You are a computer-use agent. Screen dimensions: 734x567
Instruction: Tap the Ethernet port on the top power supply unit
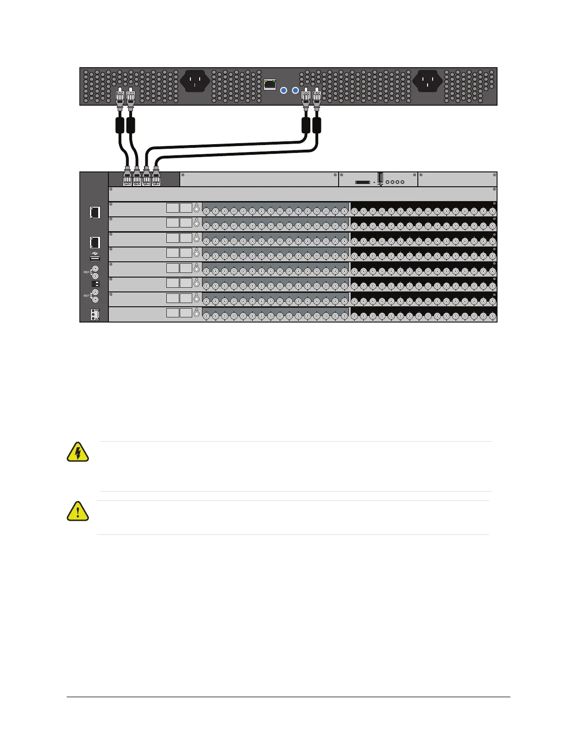(x=270, y=84)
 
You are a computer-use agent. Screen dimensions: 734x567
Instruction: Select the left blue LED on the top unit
(x=284, y=90)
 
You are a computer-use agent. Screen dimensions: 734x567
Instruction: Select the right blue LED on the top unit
(x=296, y=90)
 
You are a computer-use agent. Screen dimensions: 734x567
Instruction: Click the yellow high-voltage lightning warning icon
(x=78, y=452)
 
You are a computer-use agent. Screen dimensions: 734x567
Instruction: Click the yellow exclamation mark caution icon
(x=78, y=511)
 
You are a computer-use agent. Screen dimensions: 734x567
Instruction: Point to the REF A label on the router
(x=87, y=272)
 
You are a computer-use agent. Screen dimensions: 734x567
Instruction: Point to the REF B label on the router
(x=87, y=296)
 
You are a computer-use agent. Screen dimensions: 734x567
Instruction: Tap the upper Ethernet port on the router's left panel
(x=95, y=212)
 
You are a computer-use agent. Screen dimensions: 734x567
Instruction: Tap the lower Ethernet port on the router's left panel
(x=95, y=242)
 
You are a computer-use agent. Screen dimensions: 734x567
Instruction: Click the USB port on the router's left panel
(x=95, y=259)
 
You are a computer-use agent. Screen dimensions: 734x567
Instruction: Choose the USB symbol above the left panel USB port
(x=95, y=253)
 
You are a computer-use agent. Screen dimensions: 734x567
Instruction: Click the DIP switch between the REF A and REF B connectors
(x=95, y=283)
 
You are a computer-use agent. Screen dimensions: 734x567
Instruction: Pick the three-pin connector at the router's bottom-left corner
(x=95, y=315)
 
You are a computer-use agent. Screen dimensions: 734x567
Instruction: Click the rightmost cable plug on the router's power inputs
(x=156, y=178)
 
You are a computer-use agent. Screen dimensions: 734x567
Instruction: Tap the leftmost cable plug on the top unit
(x=120, y=97)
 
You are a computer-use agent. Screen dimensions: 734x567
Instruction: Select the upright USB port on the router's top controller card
(x=380, y=177)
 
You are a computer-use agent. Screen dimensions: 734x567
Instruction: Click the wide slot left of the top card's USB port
(x=362, y=183)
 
